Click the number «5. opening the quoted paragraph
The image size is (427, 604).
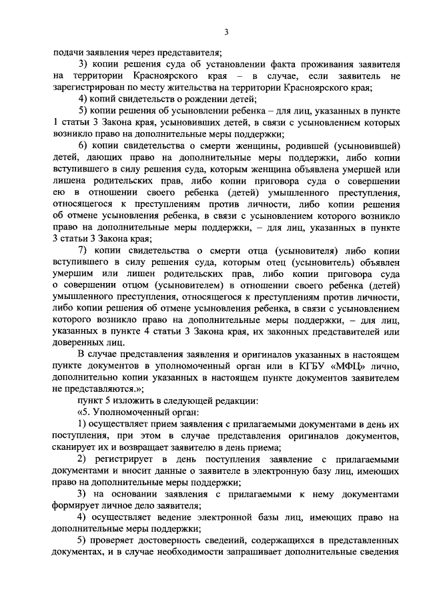pos(83,413)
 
